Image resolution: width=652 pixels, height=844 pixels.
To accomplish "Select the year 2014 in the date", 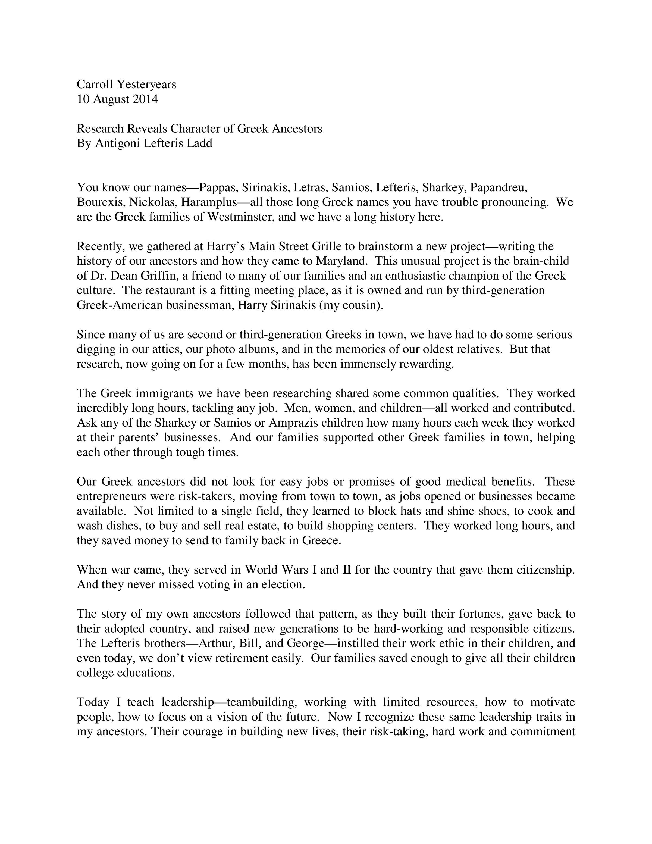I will click(145, 99).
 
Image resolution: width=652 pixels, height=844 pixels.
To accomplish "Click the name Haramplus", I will click(209, 202).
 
